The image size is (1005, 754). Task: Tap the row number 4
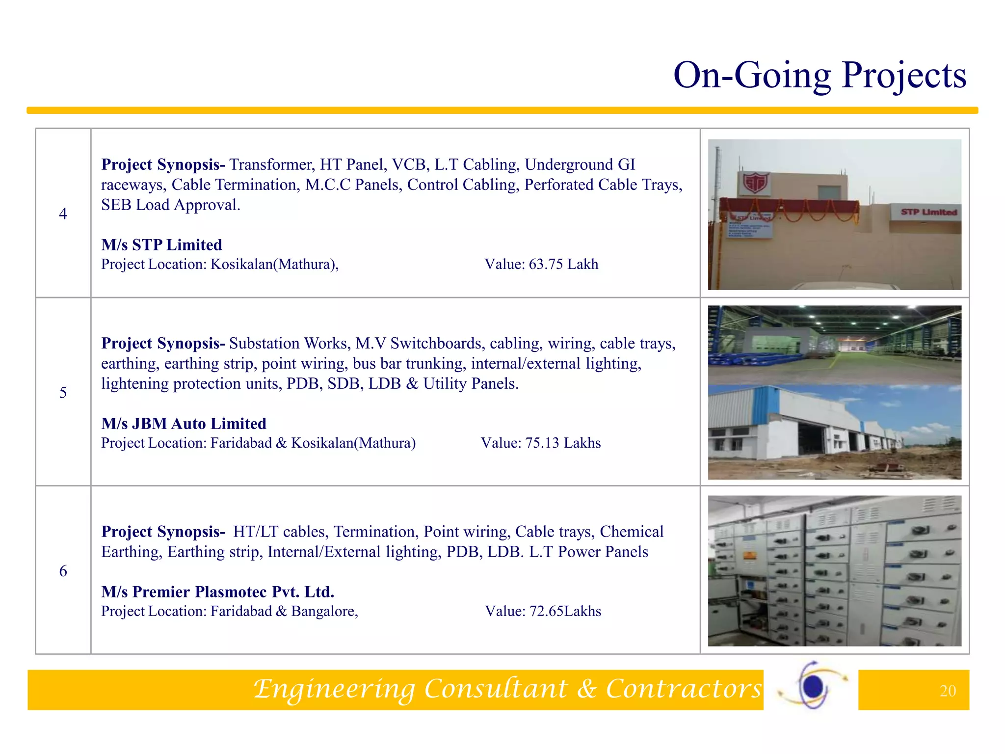(63, 214)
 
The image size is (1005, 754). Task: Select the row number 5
(63, 392)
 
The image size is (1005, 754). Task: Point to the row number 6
(63, 570)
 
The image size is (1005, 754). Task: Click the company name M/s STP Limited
(161, 244)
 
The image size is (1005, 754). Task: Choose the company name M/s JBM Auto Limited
(184, 423)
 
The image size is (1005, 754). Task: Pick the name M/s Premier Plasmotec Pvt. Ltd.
(217, 592)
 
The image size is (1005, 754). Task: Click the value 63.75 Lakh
(563, 264)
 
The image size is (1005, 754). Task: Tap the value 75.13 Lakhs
(563, 443)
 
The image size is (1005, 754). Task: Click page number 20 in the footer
(948, 691)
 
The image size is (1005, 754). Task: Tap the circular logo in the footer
(813, 685)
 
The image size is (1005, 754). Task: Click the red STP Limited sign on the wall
(928, 212)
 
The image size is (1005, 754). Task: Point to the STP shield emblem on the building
(754, 184)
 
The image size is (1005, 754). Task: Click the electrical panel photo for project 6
(834, 570)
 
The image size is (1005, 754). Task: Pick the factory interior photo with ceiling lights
(834, 345)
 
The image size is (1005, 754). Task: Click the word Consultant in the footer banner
(496, 688)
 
